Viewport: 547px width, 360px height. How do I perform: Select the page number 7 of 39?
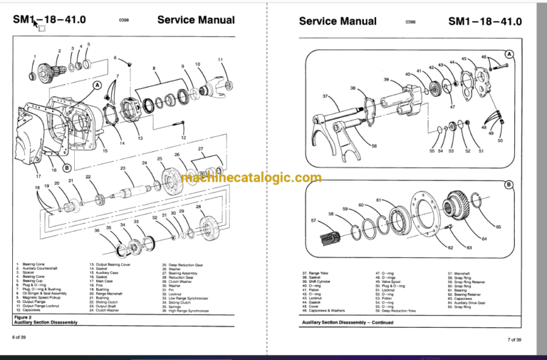pos(514,339)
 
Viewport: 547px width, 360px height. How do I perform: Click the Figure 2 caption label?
pos(23,316)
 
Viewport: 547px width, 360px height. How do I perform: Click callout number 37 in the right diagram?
pos(325,96)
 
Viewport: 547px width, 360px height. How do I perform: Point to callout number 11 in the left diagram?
pos(221,59)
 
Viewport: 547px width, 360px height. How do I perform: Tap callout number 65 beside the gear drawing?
pos(498,227)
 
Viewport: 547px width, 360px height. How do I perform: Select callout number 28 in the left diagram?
pos(198,207)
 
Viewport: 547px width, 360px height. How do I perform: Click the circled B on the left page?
pos(67,168)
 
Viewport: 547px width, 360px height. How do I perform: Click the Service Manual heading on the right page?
pos(338,21)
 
